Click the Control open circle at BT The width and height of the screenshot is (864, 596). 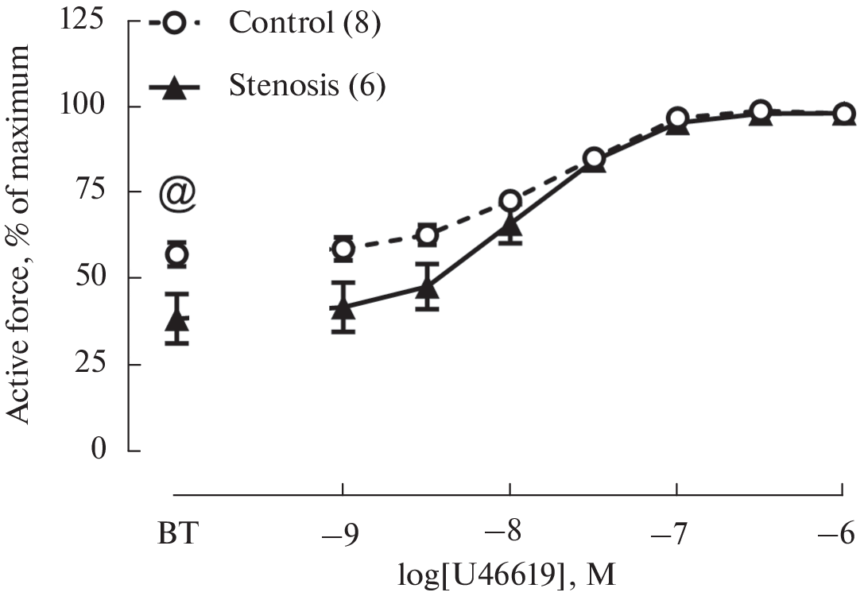click(x=177, y=254)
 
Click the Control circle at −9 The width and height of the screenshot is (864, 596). click(x=343, y=250)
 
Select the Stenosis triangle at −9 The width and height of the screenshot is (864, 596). click(x=343, y=307)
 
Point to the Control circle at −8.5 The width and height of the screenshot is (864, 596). click(x=428, y=235)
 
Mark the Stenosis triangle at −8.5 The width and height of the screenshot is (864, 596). click(x=428, y=285)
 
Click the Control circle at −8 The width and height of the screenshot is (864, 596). click(x=510, y=200)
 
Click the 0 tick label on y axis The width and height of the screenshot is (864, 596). click(x=99, y=451)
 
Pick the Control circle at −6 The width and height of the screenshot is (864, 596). click(x=843, y=114)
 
